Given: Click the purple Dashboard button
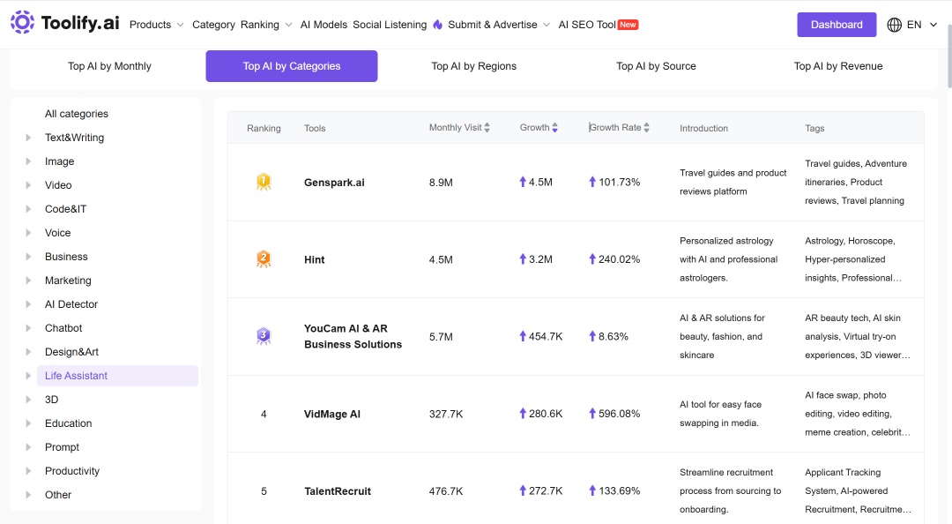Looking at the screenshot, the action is [836, 25].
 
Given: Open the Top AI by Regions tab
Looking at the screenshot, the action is [473, 66].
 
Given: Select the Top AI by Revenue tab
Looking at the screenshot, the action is [838, 66].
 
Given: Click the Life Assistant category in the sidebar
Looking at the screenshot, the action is [76, 376].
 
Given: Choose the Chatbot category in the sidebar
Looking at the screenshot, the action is [63, 328].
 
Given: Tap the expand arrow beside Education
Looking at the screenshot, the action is [28, 423].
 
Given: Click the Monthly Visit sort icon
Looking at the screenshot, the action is [487, 128].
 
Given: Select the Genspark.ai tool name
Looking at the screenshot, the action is [334, 183].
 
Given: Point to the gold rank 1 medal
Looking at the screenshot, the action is [264, 182].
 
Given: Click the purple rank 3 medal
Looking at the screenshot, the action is [264, 336].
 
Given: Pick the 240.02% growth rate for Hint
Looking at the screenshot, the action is [619, 259].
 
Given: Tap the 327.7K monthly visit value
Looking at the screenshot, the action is [446, 414].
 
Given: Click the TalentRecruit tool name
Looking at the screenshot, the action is [338, 491].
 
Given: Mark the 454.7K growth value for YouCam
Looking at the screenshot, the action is [546, 337].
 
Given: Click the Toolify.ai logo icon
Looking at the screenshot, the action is [22, 22].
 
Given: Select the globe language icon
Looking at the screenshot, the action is [894, 25].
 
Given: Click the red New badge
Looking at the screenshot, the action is [628, 25].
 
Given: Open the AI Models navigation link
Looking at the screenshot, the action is [324, 25].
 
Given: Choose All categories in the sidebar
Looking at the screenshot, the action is [77, 114].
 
